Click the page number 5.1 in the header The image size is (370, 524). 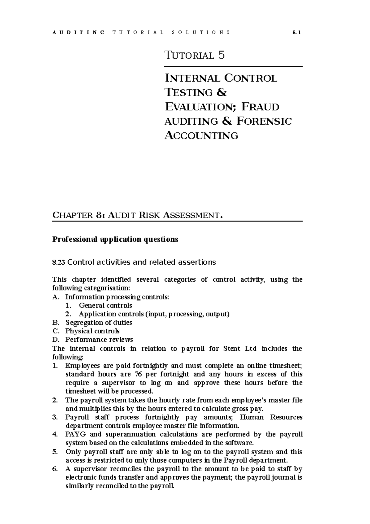pos(297,32)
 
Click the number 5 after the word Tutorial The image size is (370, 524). pos(221,56)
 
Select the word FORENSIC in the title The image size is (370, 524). pos(264,121)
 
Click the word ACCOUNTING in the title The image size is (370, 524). pos(201,135)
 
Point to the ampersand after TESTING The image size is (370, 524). pos(222,93)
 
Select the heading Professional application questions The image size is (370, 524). pos(115,239)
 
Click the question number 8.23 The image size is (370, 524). pos(59,262)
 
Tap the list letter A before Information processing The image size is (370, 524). pos(55,297)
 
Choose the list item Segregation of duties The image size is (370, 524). pos(99,323)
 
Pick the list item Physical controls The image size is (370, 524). pos(92,331)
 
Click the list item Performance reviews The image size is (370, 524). pos(99,340)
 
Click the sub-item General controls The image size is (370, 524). pos(105,306)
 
